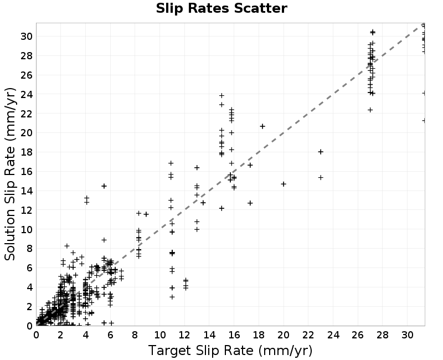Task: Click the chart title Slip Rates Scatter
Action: pos(221,8)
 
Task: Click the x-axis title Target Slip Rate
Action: pos(230,351)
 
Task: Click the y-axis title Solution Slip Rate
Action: pos(11,174)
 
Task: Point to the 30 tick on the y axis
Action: pos(26,36)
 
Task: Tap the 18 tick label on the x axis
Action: pos(259,335)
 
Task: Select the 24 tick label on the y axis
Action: pos(26,94)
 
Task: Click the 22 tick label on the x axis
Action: pos(308,335)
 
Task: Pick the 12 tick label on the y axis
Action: pos(26,210)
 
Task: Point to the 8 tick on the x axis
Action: pos(135,335)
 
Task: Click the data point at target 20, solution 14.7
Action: pos(284,184)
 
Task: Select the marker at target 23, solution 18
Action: pos(321,152)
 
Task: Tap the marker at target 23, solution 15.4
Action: pos(321,177)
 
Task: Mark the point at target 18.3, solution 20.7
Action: pos(262,126)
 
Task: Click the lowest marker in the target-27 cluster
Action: pos(370,110)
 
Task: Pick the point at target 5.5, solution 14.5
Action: pos(104,186)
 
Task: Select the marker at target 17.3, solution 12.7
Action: pos(250,203)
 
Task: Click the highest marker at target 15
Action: pos(221,95)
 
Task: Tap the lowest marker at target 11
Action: pos(172,297)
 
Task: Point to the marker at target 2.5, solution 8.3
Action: pos(67,246)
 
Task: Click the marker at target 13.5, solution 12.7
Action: pos(203,203)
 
